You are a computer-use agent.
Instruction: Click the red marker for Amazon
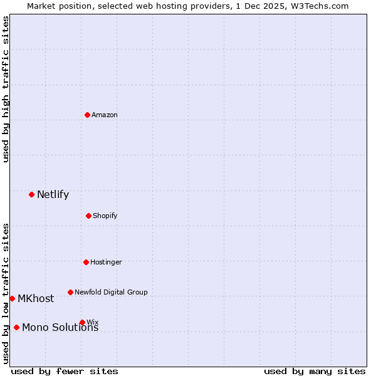coord(87,115)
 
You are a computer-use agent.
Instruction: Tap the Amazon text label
coord(105,115)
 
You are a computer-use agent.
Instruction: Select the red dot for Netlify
coord(31,194)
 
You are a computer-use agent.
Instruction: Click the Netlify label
coord(53,194)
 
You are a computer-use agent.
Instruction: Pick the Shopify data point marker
coord(88,216)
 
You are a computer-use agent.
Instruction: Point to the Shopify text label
coord(105,216)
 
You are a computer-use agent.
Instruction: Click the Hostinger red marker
coord(86,262)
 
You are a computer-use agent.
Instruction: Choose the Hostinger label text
coord(106,262)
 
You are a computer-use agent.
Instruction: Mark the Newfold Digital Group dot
coord(70,292)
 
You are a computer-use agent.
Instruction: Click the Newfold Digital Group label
coord(111,292)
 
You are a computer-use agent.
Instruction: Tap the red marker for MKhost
coord(12,298)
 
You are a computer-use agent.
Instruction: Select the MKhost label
coord(36,298)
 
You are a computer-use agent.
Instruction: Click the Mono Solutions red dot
coord(16,327)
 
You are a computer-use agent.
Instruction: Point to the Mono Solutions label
coord(60,327)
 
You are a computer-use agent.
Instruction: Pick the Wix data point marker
coord(82,322)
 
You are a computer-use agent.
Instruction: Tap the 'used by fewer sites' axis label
coord(65,371)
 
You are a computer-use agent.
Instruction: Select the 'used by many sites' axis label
coord(315,371)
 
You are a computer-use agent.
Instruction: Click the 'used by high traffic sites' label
coord(6,89)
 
